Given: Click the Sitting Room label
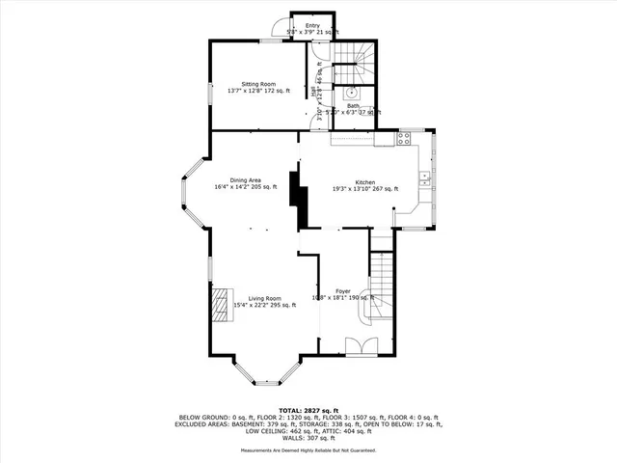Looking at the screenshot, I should pos(244,84).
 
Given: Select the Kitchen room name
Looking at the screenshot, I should pos(364,182).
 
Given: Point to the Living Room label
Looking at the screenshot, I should pos(264,298).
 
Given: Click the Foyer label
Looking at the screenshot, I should pos(342,290).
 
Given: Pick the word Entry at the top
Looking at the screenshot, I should pos(312,25).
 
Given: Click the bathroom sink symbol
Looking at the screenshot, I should pos(353,94).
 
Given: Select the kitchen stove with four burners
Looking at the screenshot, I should pos(404,138).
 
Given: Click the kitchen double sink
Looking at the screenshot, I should pos(424,177).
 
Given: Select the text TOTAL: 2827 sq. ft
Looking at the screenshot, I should pos(308,411).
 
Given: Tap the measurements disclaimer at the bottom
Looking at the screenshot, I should pos(308,450).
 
